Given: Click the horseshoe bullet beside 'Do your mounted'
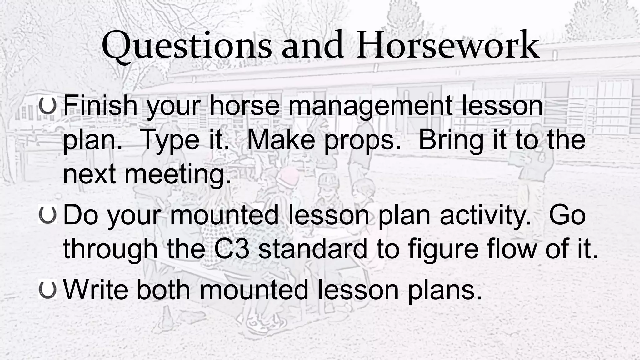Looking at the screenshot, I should tap(47, 215).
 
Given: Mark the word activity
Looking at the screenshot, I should tap(486, 216).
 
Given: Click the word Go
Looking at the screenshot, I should tap(567, 216).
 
